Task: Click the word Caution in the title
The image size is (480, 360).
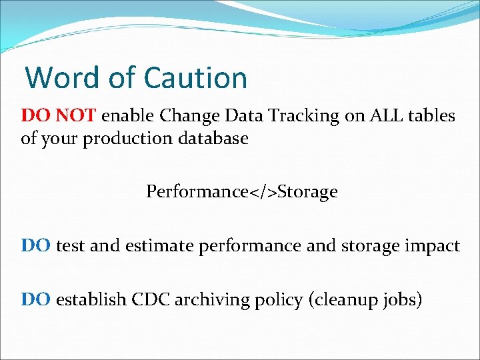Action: point(195,77)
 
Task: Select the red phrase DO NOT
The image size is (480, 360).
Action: point(59,116)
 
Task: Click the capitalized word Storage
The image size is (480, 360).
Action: point(308,192)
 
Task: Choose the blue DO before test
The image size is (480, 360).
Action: point(36,246)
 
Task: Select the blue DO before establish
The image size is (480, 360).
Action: point(36,300)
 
